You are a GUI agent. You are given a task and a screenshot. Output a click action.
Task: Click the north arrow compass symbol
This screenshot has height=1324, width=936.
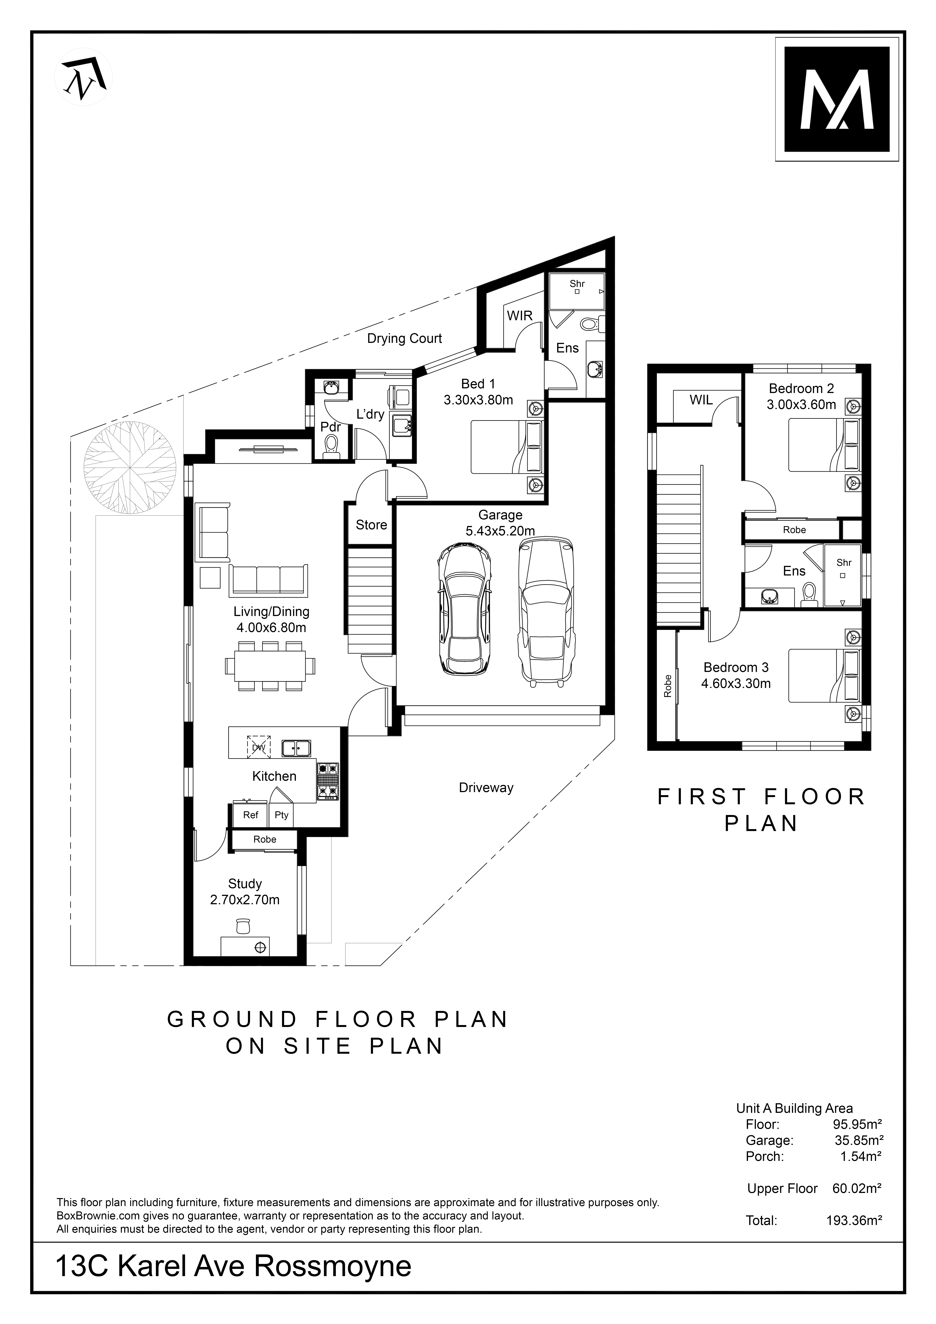tap(84, 77)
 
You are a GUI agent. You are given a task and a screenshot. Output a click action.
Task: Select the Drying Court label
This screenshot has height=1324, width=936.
tap(405, 339)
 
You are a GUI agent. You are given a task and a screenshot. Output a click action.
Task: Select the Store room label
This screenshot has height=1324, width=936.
tap(371, 525)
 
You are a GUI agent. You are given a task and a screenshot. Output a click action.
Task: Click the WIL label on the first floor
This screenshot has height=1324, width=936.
tap(701, 400)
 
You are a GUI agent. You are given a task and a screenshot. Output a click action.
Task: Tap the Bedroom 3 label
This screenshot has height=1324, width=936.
tap(736, 667)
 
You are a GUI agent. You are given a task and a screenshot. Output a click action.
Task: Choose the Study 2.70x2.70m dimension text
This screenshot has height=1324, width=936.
tap(245, 900)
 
